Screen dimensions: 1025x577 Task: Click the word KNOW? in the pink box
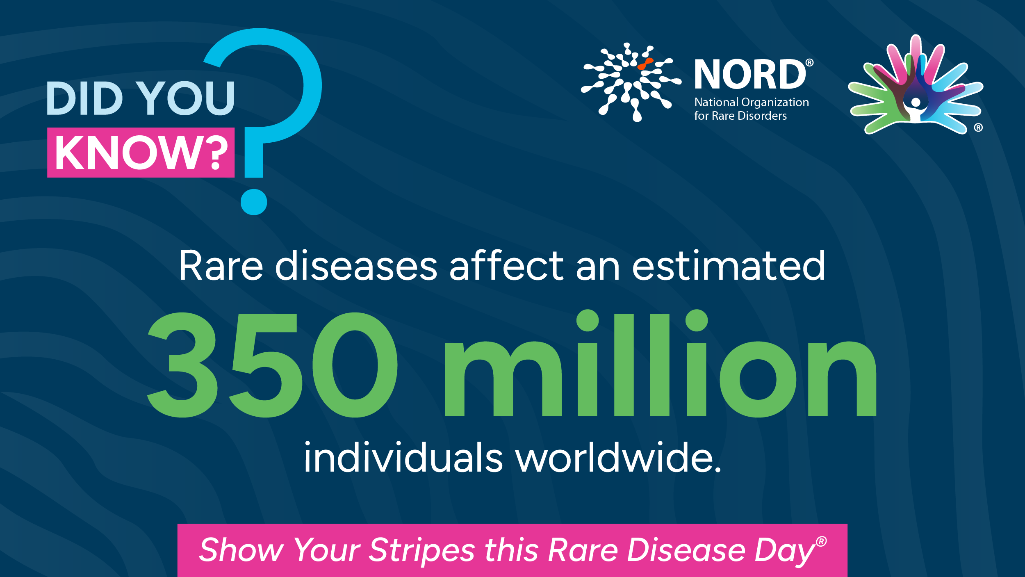[141, 153]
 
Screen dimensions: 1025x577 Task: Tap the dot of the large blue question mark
[254, 202]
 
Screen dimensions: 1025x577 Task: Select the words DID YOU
[141, 98]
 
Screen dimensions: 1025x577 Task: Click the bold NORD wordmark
[750, 74]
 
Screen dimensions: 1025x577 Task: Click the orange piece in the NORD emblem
[645, 64]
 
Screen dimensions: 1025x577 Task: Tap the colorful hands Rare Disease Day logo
[916, 85]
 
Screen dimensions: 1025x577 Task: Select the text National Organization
[752, 102]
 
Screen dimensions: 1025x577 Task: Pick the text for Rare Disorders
[740, 116]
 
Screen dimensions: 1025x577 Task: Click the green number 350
[272, 365]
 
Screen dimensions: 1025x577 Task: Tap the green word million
[661, 363]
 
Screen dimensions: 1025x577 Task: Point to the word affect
[506, 265]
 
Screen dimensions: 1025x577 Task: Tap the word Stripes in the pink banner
[422, 550]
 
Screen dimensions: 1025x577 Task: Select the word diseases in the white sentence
[356, 266]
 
